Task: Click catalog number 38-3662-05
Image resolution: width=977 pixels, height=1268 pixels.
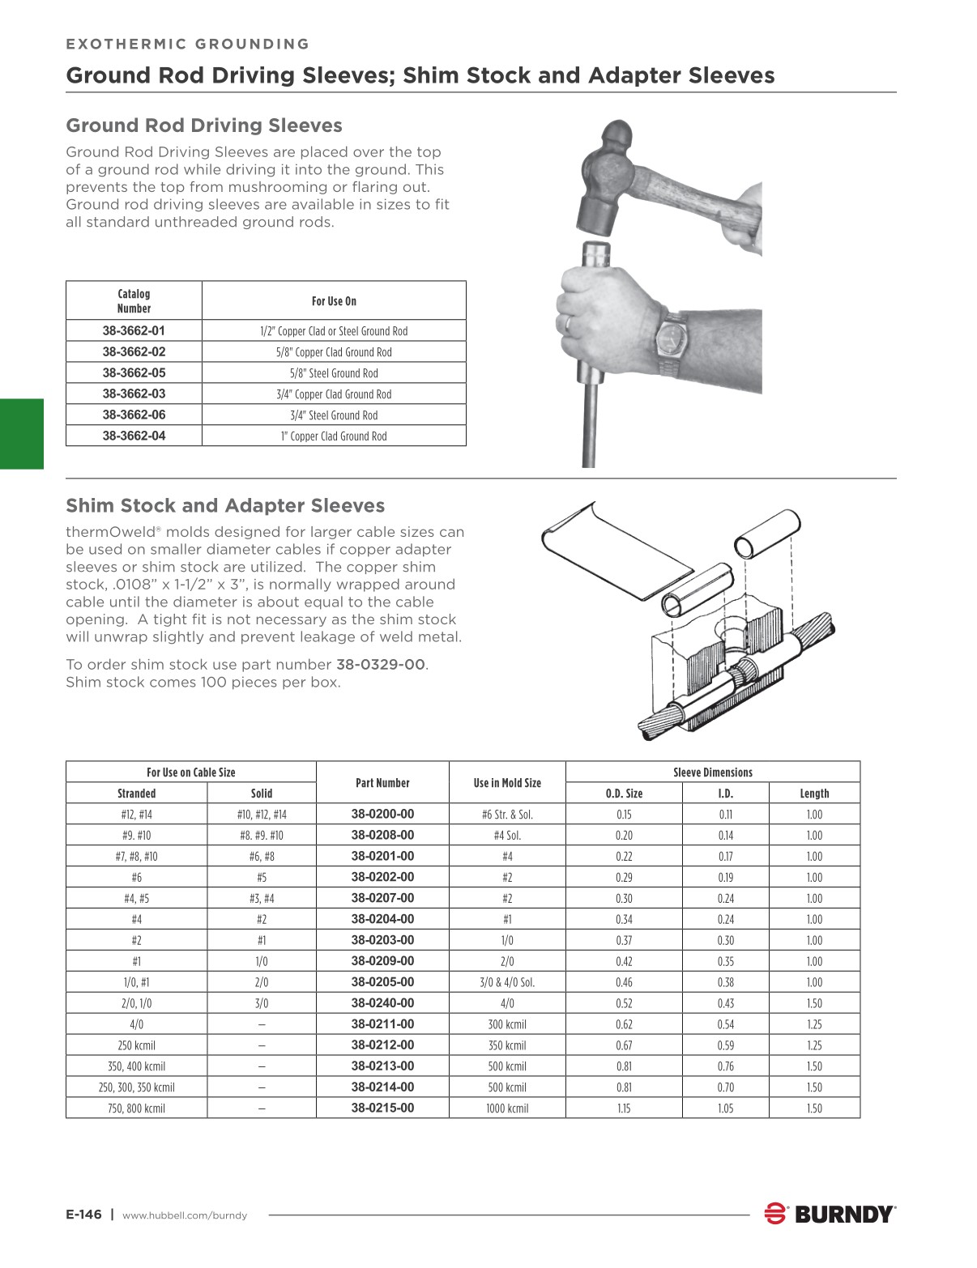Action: [x=134, y=373]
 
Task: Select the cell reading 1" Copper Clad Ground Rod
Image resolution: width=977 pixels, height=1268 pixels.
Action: [x=334, y=436]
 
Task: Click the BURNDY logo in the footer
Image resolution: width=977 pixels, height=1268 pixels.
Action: [x=831, y=1214]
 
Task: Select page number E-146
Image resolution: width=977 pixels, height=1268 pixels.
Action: [x=83, y=1215]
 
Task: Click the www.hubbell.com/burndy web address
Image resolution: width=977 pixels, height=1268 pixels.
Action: [x=185, y=1215]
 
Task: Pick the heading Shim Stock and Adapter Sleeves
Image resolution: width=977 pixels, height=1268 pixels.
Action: [x=225, y=506]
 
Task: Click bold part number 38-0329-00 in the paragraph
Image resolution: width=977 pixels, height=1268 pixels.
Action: [x=380, y=665]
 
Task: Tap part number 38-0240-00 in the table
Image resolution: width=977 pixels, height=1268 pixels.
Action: [x=382, y=1003]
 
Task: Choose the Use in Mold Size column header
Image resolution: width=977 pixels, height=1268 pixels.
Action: [x=507, y=783]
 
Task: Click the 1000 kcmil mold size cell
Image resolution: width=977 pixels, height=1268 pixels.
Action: [x=507, y=1108]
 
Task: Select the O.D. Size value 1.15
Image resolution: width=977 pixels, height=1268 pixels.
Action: [x=624, y=1108]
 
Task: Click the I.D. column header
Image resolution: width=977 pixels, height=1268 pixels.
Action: [x=725, y=794]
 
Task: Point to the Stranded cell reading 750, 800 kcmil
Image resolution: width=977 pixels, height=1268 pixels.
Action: [x=136, y=1108]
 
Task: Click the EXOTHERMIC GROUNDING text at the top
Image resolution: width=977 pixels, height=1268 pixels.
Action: [x=188, y=45]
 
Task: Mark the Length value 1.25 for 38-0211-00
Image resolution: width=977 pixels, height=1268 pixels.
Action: [x=814, y=1024]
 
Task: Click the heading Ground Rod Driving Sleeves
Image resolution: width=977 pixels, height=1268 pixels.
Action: [x=204, y=126]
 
